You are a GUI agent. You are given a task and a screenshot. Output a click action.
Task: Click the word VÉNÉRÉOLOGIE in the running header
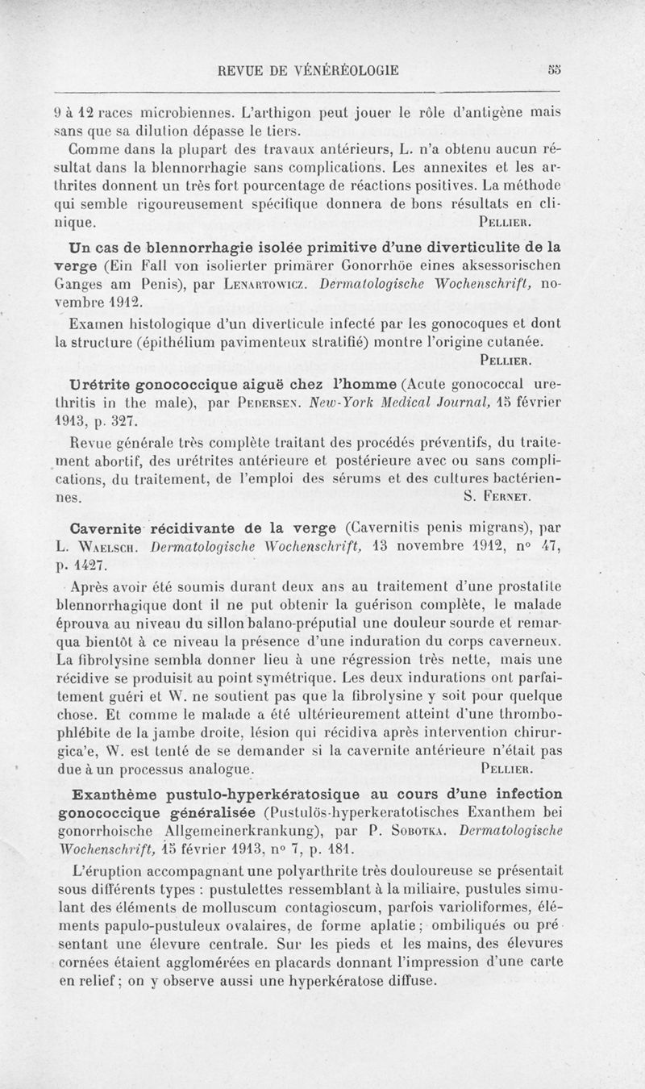pos(338,70)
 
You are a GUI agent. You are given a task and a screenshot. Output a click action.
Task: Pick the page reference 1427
pos(103,569)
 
